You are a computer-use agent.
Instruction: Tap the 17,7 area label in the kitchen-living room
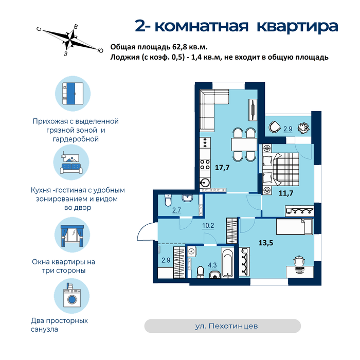[x=222, y=168]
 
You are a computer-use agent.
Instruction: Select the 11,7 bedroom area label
[x=286, y=193]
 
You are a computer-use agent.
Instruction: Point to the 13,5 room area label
[x=266, y=243]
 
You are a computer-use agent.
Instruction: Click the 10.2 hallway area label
[x=208, y=225]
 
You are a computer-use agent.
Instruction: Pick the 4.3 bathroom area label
[x=212, y=265]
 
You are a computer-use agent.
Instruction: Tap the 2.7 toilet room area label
[x=176, y=210]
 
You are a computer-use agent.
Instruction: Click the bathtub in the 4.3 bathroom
[x=228, y=263]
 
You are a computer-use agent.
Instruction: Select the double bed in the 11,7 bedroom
[x=280, y=169]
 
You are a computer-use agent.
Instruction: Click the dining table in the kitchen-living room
[x=244, y=145]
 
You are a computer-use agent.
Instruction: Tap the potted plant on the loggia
[x=303, y=128]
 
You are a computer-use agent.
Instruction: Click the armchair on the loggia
[x=275, y=127]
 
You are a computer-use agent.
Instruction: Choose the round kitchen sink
[x=205, y=183]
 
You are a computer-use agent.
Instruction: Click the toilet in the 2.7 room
[x=168, y=201]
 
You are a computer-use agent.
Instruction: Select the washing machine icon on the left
[x=72, y=296]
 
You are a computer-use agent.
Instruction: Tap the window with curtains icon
[x=73, y=235]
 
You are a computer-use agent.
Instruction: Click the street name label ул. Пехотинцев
[x=226, y=326]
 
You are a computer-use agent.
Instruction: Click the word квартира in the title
[x=297, y=26]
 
